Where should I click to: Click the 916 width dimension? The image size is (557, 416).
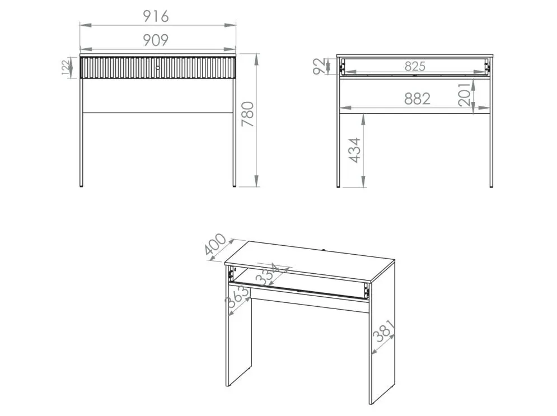tap(156, 16)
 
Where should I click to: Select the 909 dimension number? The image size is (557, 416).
tap(156, 40)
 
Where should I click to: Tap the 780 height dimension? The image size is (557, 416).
tap(247, 114)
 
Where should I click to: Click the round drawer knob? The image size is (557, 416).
tap(158, 68)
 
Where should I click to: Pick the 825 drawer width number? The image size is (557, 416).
tap(415, 67)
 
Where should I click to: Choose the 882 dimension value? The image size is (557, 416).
tap(418, 99)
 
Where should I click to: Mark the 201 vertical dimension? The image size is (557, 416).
tap(465, 95)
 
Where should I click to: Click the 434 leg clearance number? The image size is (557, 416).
tap(355, 150)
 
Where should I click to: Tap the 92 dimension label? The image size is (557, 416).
tap(319, 67)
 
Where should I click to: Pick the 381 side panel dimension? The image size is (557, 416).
tap(384, 331)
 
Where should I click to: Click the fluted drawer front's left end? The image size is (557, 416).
tap(82, 68)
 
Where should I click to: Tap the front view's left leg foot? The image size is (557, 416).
tap(81, 185)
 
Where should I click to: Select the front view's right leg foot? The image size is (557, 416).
tap(234, 185)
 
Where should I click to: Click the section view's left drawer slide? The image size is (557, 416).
tap(343, 67)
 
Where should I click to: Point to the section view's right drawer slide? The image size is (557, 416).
tap(487, 67)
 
